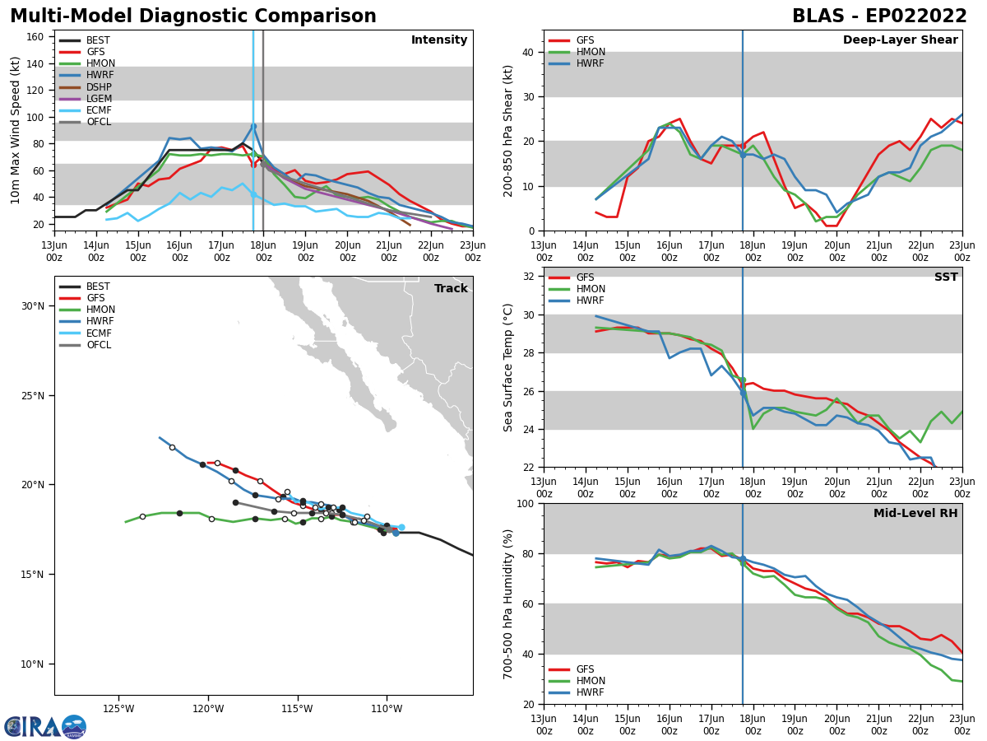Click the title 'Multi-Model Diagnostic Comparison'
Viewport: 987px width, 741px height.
tap(193, 16)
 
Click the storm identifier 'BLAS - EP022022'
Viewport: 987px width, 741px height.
tap(879, 16)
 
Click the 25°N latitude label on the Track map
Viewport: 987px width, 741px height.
tap(34, 395)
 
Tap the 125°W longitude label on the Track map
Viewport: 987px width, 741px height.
tap(118, 708)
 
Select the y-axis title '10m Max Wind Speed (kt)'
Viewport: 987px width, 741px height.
tap(16, 130)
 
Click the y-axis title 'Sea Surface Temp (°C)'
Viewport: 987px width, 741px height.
tap(509, 367)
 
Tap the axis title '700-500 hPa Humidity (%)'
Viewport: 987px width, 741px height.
tap(509, 604)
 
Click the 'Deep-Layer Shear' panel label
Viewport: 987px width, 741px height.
tap(900, 40)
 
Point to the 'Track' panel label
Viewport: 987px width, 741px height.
tap(451, 289)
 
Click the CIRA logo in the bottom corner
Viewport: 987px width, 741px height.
tap(44, 727)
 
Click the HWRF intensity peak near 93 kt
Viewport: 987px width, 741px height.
tap(253, 125)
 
